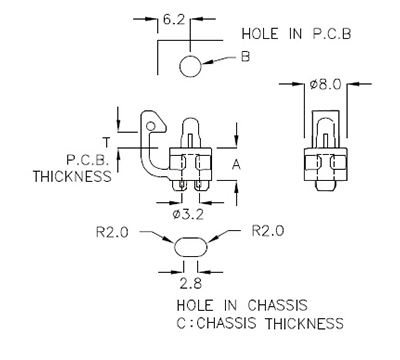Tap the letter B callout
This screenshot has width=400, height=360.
pos(244,58)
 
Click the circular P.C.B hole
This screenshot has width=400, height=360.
pos(191,66)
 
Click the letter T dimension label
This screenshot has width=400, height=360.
pos(120,140)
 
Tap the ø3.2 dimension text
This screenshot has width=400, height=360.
pos(188,212)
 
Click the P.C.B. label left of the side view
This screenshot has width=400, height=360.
pos(88,160)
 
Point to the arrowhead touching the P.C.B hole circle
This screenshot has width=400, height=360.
pos(207,64)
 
